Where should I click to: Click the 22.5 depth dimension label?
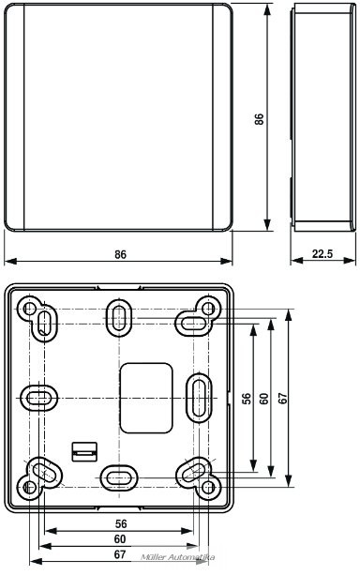322,253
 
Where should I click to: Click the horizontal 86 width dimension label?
120,254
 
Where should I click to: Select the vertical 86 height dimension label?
259,119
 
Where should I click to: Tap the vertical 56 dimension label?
247,399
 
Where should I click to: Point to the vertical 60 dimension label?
264,399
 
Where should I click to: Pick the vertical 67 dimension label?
282,399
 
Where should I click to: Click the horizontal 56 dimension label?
121,523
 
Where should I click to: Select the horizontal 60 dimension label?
120,539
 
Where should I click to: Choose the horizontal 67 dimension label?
120,554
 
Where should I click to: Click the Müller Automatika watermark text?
178,557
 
